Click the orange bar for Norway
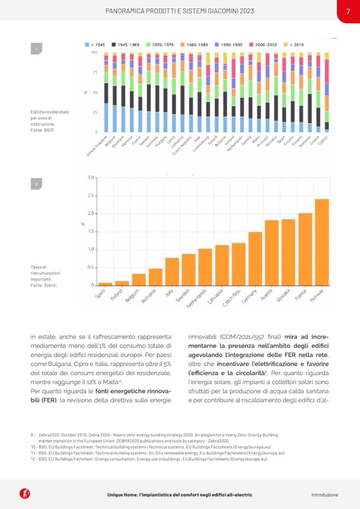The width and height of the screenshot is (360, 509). click(x=322, y=242)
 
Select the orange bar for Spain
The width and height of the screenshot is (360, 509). click(x=106, y=284)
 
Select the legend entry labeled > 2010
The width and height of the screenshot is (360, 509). click(x=295, y=45)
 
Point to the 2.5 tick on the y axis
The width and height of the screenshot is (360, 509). click(x=91, y=195)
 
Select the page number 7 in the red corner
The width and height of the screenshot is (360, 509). click(x=348, y=11)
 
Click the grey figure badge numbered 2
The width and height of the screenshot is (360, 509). click(x=37, y=184)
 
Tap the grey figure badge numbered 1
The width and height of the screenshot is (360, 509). click(x=37, y=49)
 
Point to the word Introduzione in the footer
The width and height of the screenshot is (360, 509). click(x=324, y=495)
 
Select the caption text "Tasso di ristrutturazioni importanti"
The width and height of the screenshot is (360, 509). click(x=42, y=277)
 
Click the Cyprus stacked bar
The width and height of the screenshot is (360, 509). click(x=327, y=93)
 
